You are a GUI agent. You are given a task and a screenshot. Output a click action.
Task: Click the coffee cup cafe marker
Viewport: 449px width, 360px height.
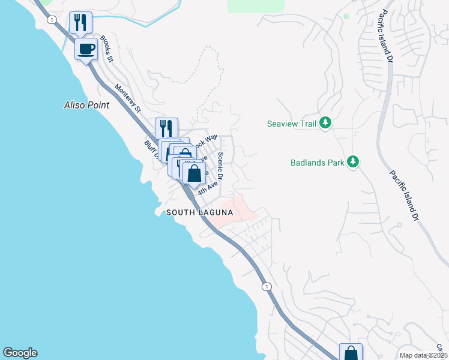(x=86, y=48)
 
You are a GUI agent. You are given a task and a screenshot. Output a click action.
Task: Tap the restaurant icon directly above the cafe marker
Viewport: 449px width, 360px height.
(x=80, y=23)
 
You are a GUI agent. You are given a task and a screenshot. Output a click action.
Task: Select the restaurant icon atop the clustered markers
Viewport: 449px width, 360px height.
(x=166, y=128)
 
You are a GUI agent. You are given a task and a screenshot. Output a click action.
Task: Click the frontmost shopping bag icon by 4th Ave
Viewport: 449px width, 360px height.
(x=194, y=174)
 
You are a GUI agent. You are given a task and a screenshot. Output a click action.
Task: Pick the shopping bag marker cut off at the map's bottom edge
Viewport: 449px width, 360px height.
(x=351, y=353)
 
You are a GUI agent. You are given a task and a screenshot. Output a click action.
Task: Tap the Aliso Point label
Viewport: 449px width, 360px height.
(x=86, y=105)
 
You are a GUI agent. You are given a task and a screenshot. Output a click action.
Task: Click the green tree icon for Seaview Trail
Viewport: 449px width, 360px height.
(x=325, y=123)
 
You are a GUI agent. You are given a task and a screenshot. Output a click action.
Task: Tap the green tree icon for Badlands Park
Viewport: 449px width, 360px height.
(x=354, y=162)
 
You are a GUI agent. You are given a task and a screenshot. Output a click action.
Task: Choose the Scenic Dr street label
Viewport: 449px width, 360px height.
(x=220, y=165)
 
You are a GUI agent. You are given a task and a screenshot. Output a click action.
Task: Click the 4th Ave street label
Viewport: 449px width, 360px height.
(x=206, y=187)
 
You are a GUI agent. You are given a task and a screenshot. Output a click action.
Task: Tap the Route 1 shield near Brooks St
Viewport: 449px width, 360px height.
(x=53, y=20)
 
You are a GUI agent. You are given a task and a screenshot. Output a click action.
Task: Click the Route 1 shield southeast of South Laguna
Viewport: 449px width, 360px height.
(x=267, y=287)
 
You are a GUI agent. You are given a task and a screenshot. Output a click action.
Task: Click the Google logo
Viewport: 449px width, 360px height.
(x=20, y=353)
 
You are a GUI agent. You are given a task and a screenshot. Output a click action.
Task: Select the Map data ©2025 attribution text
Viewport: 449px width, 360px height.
(x=423, y=355)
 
